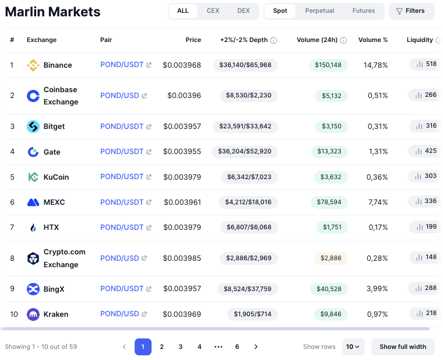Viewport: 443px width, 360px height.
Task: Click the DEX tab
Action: click(243, 11)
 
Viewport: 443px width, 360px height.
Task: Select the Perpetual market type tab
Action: click(319, 11)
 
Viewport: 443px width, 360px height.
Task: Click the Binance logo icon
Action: click(33, 65)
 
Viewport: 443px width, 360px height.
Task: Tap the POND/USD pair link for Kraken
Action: click(119, 314)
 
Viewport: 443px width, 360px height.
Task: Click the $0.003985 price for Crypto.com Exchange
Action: click(182, 258)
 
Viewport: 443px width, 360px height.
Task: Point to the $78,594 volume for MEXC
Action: click(328, 202)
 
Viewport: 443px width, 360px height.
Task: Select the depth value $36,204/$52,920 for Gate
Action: click(245, 152)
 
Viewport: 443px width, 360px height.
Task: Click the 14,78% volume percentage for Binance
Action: click(375, 65)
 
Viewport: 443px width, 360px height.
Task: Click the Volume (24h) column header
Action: click(317, 40)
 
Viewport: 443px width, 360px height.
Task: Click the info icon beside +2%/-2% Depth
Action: click(273, 40)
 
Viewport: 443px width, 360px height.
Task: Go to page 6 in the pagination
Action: click(237, 347)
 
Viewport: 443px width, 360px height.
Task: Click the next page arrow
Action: click(255, 347)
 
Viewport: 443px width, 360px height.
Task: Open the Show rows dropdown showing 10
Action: click(353, 347)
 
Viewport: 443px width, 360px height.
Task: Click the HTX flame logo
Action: click(33, 228)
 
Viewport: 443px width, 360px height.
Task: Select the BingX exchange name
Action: click(54, 289)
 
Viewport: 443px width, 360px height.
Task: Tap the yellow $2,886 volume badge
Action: click(331, 258)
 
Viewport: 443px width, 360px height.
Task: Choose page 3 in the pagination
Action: click(181, 347)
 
